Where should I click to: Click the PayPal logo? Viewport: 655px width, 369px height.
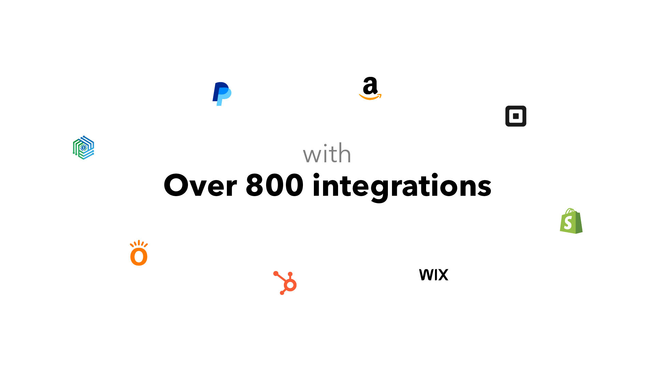[222, 94]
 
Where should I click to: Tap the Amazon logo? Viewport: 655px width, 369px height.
[370, 88]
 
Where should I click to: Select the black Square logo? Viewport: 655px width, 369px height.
[515, 116]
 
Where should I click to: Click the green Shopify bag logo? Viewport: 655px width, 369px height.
[571, 221]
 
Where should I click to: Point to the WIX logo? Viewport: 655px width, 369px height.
[434, 275]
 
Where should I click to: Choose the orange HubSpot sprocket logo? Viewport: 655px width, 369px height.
[285, 283]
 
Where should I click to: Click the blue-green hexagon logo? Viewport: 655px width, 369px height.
[84, 148]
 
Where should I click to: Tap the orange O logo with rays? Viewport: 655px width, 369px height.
[139, 253]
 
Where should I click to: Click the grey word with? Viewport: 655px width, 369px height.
[327, 154]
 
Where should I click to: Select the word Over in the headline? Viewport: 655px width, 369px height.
[200, 186]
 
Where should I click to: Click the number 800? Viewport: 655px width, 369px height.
[274, 186]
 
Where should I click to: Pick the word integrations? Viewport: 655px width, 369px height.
[402, 186]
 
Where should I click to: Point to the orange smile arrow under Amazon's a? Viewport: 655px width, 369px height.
[370, 98]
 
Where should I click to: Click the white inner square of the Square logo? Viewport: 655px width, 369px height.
[516, 116]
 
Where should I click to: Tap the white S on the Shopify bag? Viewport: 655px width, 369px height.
[568, 223]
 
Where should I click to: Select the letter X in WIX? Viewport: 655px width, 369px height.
[442, 275]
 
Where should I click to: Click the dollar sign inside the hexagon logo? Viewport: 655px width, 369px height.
[84, 148]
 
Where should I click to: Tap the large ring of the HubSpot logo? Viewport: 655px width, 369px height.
[290, 284]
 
